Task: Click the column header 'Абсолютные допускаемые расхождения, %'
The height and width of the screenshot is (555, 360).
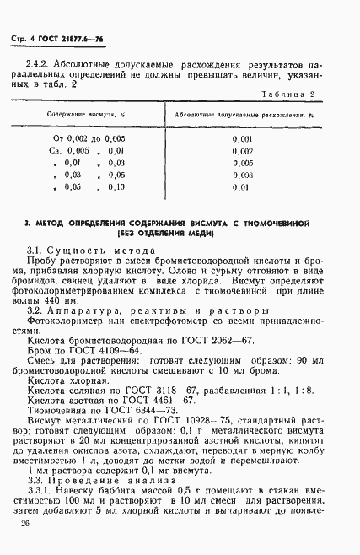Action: tap(244, 112)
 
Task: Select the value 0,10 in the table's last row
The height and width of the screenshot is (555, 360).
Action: tap(115, 187)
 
